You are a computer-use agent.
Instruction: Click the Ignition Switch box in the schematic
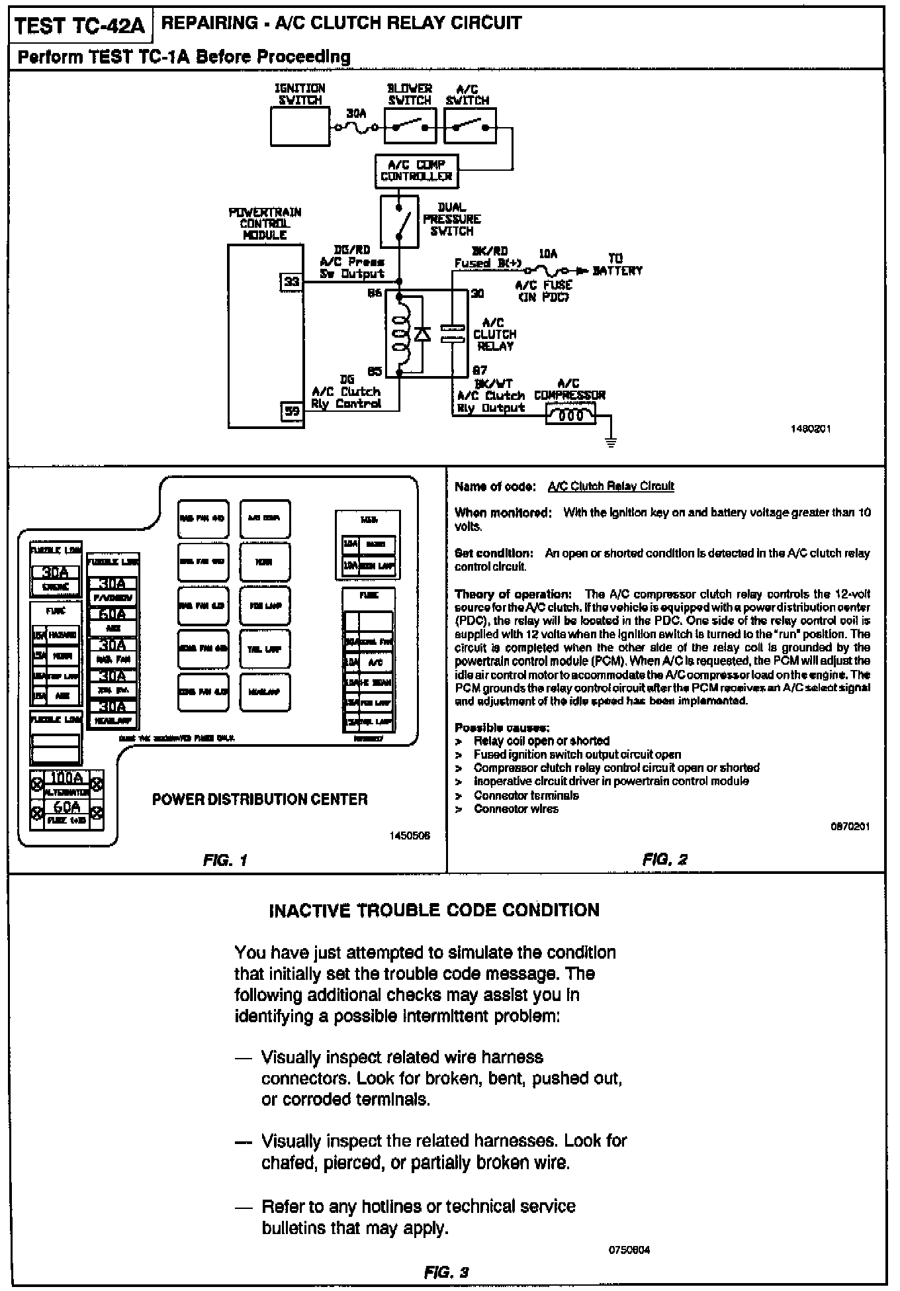click(300, 126)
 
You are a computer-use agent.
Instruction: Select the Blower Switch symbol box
click(410, 126)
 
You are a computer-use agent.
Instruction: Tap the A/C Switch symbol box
click(470, 126)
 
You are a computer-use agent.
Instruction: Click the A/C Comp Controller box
click(416, 171)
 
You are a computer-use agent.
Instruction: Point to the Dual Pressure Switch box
click(399, 221)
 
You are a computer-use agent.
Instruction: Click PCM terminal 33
click(291, 282)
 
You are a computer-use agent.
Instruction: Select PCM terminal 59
click(291, 410)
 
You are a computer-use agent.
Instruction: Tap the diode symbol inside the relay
click(422, 333)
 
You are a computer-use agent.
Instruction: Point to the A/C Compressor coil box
click(570, 415)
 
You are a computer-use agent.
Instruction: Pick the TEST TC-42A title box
click(79, 26)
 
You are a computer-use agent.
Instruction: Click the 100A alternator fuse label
click(67, 777)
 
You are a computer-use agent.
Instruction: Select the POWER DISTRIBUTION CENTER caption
click(259, 799)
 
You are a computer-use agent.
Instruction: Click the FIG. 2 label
click(664, 859)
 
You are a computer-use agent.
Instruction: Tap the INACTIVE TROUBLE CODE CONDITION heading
click(434, 910)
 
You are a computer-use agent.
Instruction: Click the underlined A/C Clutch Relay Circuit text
click(611, 486)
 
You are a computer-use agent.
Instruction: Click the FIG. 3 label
click(446, 1272)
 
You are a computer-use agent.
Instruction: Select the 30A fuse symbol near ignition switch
click(357, 127)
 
